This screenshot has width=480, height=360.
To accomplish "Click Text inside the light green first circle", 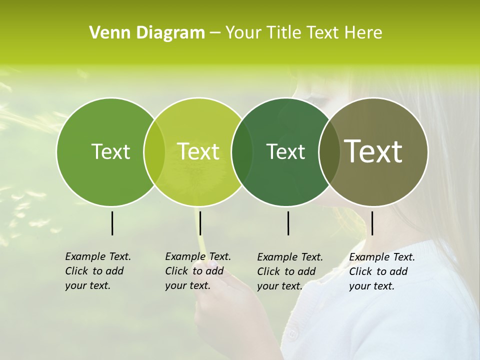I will [x=110, y=151].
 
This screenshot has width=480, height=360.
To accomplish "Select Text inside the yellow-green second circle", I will [x=198, y=151].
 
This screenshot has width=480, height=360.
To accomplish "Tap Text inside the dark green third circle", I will [x=285, y=151].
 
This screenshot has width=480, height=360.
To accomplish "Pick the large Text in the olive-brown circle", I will [x=373, y=151].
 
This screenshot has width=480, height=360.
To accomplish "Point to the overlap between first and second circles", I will [x=154, y=152].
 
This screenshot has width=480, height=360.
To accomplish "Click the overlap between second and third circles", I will [x=242, y=152].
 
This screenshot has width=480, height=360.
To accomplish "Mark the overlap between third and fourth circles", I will [x=329, y=152].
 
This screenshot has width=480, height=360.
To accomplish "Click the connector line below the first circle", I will [x=112, y=223].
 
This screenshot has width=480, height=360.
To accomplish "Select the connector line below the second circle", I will [x=200, y=223].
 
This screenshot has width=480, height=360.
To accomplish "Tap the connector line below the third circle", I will [x=288, y=223].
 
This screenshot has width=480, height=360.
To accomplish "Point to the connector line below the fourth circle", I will [x=372, y=223].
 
